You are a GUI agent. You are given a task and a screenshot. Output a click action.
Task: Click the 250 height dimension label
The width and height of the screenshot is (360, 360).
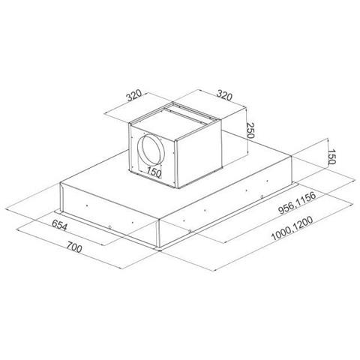click(x=250, y=130)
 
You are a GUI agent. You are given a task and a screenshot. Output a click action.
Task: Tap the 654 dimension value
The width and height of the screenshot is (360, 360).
click(x=59, y=225)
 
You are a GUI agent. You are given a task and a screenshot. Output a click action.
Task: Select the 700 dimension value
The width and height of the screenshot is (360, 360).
click(x=74, y=247)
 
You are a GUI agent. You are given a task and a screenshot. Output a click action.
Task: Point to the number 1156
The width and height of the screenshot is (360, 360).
click(x=305, y=199)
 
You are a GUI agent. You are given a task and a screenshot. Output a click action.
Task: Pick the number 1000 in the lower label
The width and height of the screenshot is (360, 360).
click(x=280, y=234)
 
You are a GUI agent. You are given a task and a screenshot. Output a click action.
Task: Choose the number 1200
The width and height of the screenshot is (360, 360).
click(x=302, y=223)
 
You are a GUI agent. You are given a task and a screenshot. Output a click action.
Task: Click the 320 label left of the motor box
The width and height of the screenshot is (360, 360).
click(x=134, y=95)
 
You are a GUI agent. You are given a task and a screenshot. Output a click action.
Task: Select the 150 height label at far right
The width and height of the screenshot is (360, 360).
click(x=331, y=157)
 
